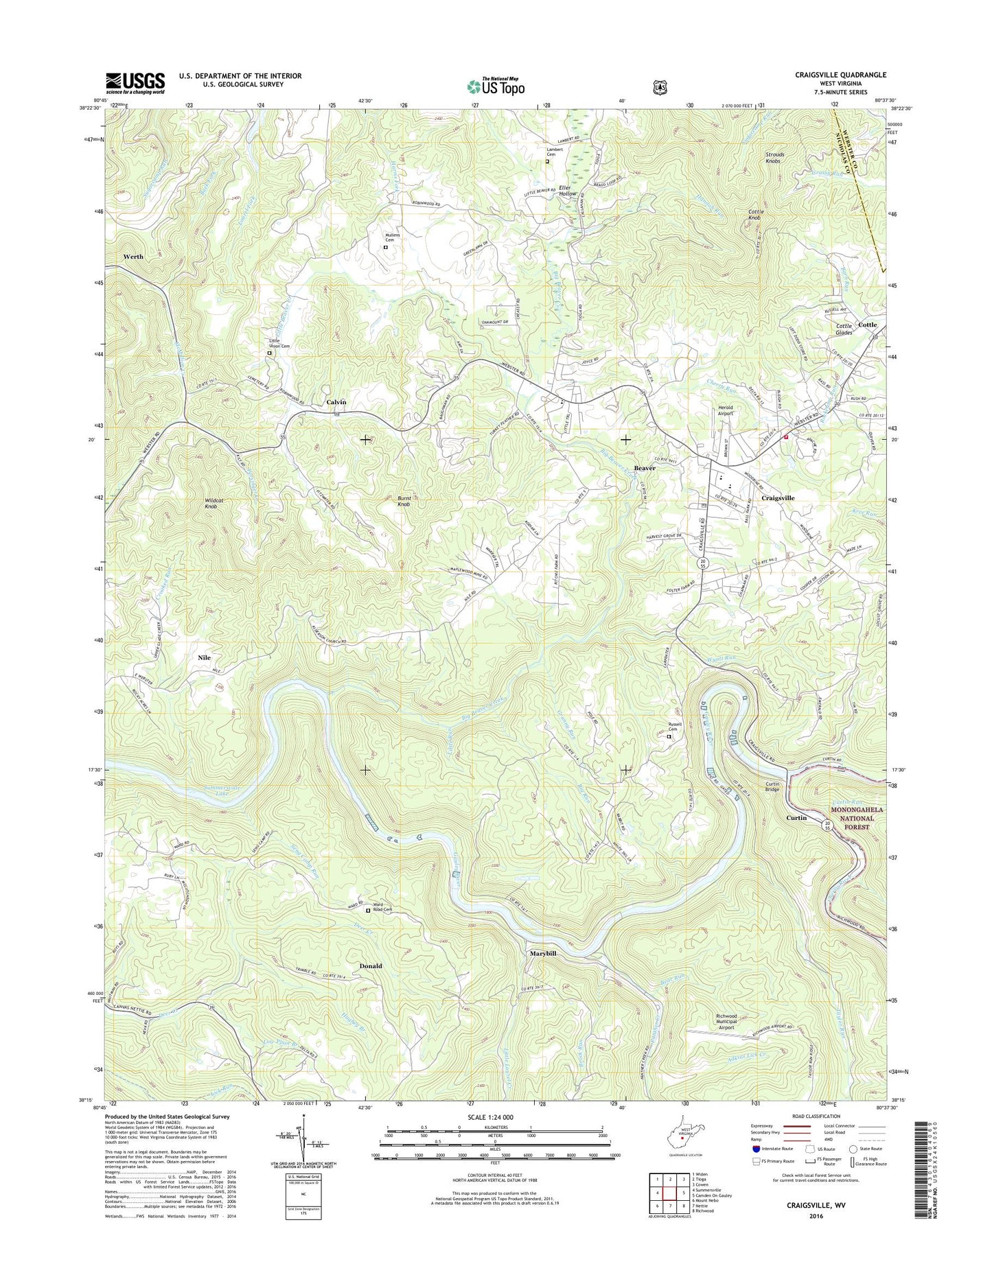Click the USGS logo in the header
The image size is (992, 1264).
click(x=135, y=82)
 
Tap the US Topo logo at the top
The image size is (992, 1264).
click(x=496, y=86)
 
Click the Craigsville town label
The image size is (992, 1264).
click(x=778, y=498)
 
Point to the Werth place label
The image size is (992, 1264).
click(x=133, y=256)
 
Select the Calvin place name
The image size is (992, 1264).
click(x=336, y=402)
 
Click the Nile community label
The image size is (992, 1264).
click(x=204, y=657)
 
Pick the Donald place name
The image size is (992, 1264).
click(x=371, y=966)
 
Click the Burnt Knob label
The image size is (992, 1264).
click(x=404, y=501)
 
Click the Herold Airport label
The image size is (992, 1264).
click(x=726, y=410)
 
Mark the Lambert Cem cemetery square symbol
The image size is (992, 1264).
click(x=547, y=163)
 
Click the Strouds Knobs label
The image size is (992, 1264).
click(x=774, y=158)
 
